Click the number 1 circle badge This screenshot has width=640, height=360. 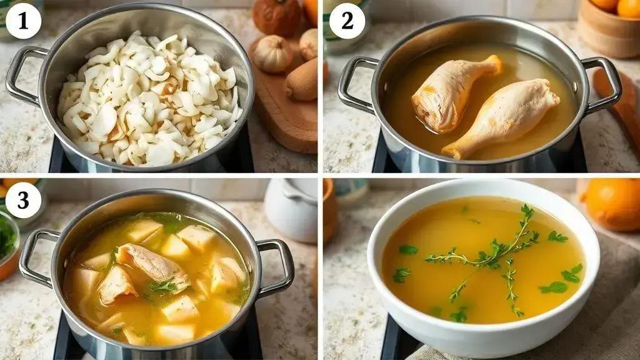point(23,21)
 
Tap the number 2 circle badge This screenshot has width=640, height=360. point(347,21)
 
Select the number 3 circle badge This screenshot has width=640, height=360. point(23,201)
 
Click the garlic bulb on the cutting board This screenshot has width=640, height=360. point(273,54)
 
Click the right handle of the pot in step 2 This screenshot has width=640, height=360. point(602,84)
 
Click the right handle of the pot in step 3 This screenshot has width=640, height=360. point(277,267)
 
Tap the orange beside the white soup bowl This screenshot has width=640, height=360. point(612,204)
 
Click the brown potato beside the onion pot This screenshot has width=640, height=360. point(302,79)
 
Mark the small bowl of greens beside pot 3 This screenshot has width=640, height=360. point(7,245)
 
